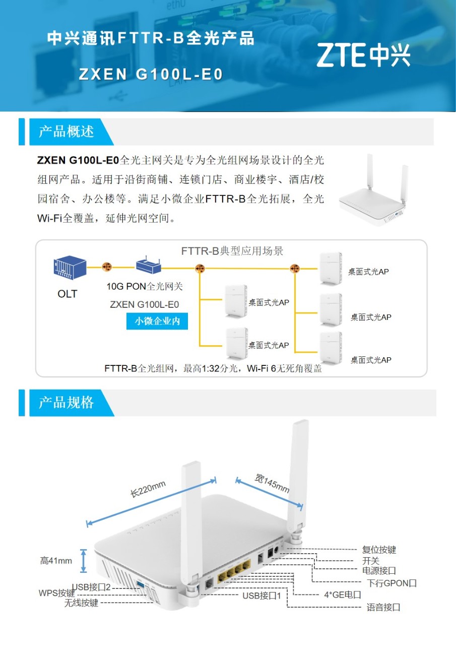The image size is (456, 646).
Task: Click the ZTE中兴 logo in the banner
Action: pyautogui.click(x=363, y=55)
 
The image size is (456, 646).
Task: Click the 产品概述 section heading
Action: pyautogui.click(x=67, y=132)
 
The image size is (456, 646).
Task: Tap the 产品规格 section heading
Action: pyautogui.click(x=67, y=402)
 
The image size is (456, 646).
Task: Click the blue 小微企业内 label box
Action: pyautogui.click(x=157, y=321)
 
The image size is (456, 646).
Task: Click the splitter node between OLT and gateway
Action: pyautogui.click(x=106, y=267)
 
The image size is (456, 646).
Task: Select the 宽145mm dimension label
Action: pyautogui.click(x=272, y=483)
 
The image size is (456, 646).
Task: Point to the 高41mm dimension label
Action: pyautogui.click(x=56, y=560)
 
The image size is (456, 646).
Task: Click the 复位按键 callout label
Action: pyautogui.click(x=379, y=550)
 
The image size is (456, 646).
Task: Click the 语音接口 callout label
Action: pyautogui.click(x=383, y=607)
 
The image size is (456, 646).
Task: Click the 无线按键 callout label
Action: pyautogui.click(x=81, y=603)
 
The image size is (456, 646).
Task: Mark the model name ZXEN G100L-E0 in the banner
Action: pyautogui.click(x=151, y=75)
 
